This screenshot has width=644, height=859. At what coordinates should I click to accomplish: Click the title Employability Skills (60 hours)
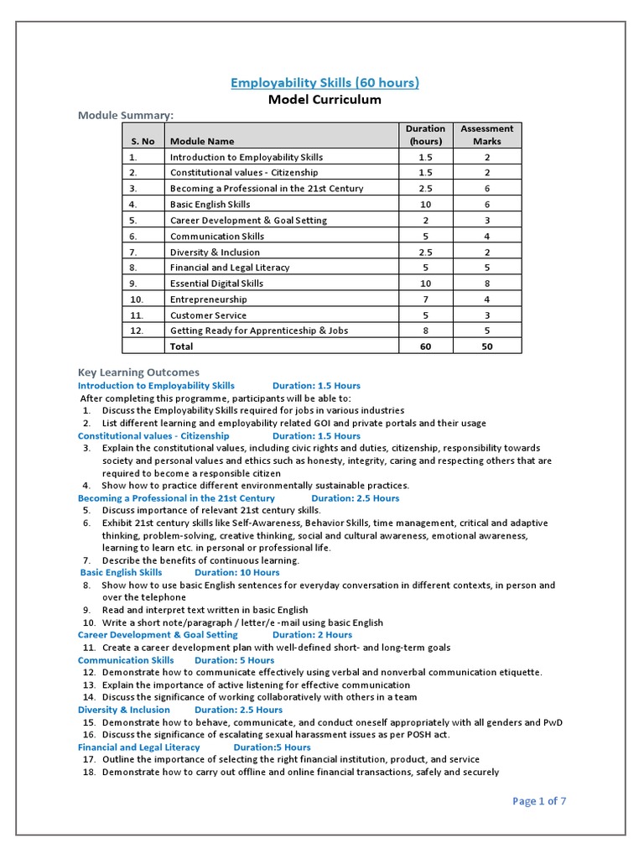point(325,82)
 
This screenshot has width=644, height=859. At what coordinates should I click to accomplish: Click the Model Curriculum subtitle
point(325,100)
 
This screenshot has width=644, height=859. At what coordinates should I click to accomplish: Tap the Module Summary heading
point(127,115)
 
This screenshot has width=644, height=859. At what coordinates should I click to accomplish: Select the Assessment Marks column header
point(486,135)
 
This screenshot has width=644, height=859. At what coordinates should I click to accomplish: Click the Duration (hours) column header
point(425,135)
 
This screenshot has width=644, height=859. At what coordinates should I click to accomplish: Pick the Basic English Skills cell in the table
point(210,204)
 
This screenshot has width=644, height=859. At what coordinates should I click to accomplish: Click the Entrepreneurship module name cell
point(208,299)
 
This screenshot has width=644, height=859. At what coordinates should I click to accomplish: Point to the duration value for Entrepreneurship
point(425,299)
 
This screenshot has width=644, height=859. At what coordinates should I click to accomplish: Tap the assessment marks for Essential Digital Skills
point(486,284)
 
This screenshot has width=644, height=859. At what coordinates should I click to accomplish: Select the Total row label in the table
point(181,346)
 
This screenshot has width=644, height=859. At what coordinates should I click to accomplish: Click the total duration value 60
point(425,346)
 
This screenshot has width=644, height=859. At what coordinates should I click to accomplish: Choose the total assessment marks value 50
point(486,346)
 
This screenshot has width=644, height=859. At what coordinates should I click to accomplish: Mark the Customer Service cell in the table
point(208,315)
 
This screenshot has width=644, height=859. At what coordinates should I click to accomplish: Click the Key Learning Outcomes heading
point(138,372)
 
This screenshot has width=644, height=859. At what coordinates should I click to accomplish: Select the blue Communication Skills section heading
point(126,660)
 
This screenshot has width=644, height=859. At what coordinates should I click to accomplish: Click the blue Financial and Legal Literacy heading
point(139,747)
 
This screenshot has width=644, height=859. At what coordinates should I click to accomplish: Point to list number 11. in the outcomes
point(88,648)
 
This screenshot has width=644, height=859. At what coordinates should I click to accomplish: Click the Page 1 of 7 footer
point(539,801)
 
